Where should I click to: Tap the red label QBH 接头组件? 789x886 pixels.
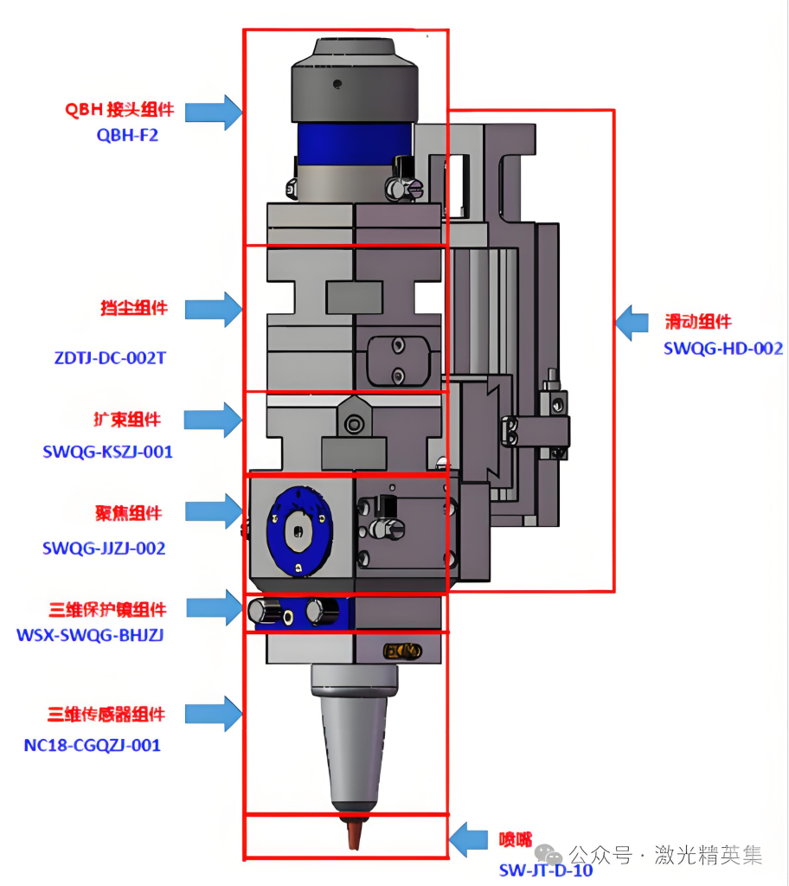[119, 109]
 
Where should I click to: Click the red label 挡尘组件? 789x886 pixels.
[133, 307]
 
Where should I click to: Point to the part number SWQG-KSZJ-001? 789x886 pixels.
[107, 451]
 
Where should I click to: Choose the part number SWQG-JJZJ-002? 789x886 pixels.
[104, 548]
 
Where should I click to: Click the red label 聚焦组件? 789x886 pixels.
[128, 512]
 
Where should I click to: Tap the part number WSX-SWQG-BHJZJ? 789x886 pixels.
[90, 634]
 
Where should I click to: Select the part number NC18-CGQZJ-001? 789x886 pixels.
[92, 744]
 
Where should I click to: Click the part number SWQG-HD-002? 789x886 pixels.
[723, 348]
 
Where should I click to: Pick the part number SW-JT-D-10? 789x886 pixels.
[546, 870]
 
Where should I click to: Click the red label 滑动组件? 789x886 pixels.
[697, 322]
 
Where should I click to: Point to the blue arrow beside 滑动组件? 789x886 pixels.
[632, 322]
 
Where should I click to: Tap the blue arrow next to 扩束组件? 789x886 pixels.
[214, 420]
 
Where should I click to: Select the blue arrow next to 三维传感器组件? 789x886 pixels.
[214, 714]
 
